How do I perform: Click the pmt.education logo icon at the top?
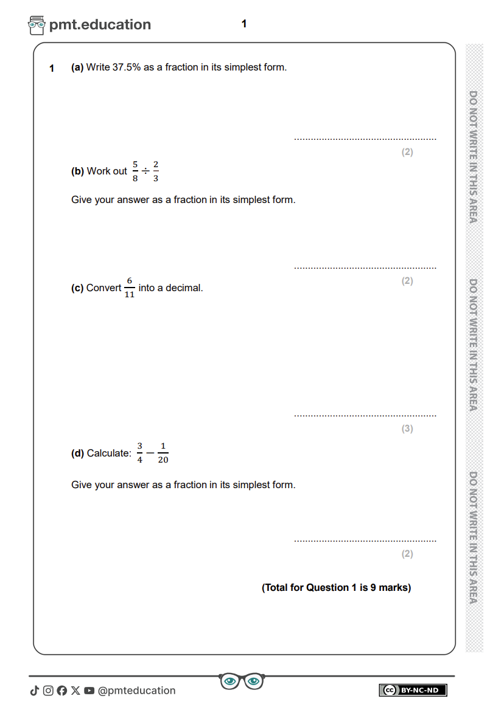point(37,25)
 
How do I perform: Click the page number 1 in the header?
point(244,24)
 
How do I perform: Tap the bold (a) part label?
point(77,67)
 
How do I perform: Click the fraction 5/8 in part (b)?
point(135,171)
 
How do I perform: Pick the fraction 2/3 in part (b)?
point(156,171)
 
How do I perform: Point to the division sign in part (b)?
point(145,171)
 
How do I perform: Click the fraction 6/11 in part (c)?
point(129,288)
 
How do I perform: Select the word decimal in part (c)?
point(184,288)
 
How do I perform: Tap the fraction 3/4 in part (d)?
point(139,454)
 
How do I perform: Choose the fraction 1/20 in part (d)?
point(163,454)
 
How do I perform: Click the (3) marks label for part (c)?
point(407,429)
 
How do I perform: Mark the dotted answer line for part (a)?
point(365,139)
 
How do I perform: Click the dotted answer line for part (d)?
point(365,540)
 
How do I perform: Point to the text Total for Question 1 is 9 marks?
point(337,588)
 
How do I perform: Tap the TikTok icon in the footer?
point(35,691)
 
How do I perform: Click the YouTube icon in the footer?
point(89,691)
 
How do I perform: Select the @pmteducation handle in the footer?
point(136,691)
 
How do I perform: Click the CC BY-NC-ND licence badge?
point(413,690)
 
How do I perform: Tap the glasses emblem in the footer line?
point(242,681)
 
